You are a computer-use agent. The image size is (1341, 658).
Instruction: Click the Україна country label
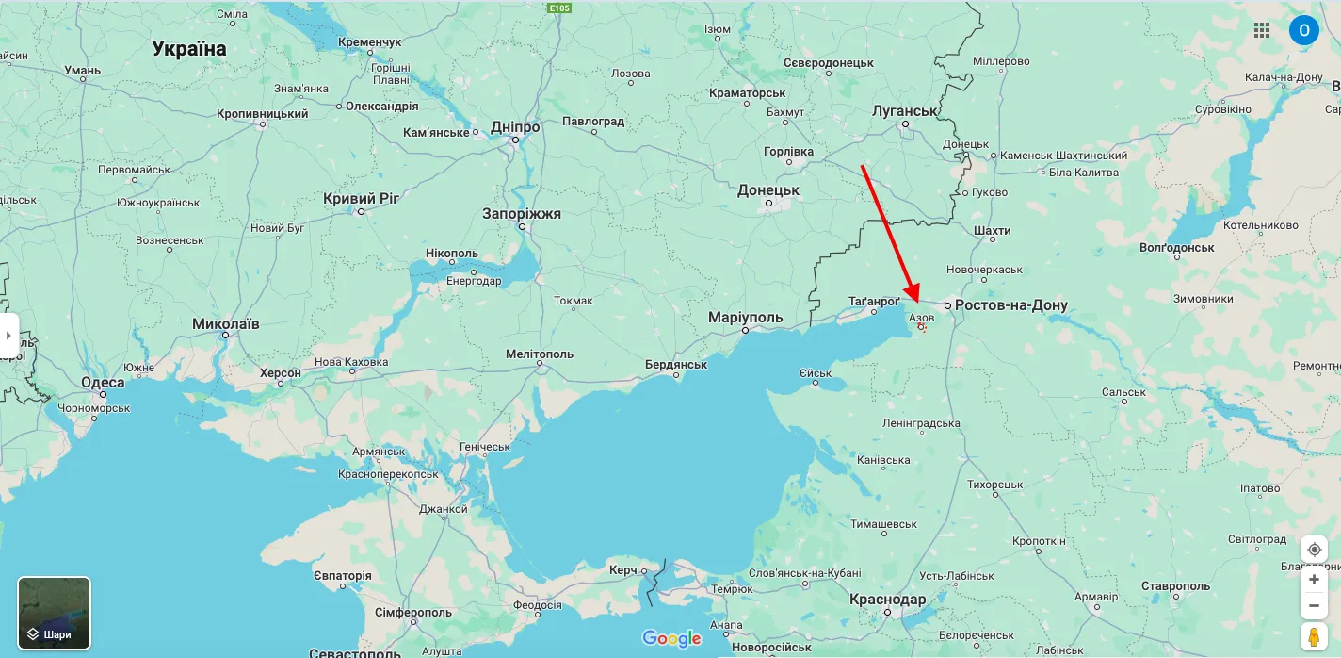(x=189, y=49)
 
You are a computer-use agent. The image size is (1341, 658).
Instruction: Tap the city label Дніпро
(x=515, y=127)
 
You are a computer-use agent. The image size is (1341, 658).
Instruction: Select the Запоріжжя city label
(x=521, y=214)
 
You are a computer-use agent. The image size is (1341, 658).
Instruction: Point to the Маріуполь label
(x=745, y=318)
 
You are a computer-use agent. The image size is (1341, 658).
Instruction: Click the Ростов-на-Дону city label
(x=1010, y=305)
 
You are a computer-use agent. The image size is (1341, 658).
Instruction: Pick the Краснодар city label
(x=887, y=600)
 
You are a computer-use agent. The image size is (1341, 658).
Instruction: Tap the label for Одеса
(x=103, y=382)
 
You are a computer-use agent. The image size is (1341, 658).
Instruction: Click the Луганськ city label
(x=905, y=110)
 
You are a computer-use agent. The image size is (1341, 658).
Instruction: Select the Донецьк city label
(x=767, y=190)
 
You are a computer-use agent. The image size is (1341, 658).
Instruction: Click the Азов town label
(x=921, y=318)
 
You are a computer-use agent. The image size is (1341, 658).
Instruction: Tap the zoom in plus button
(x=1314, y=580)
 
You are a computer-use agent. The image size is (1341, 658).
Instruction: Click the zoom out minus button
(x=1314, y=605)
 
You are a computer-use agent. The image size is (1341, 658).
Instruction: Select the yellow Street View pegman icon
(x=1314, y=636)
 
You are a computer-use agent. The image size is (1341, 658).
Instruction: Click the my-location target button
(x=1314, y=550)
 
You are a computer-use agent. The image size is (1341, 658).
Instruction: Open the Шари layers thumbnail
(x=55, y=613)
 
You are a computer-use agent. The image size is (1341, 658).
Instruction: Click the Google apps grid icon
(x=1262, y=30)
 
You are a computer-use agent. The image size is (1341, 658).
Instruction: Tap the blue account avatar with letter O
(x=1303, y=30)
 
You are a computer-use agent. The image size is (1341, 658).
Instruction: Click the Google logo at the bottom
(x=671, y=639)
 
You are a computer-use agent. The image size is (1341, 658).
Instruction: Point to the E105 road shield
(x=560, y=8)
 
